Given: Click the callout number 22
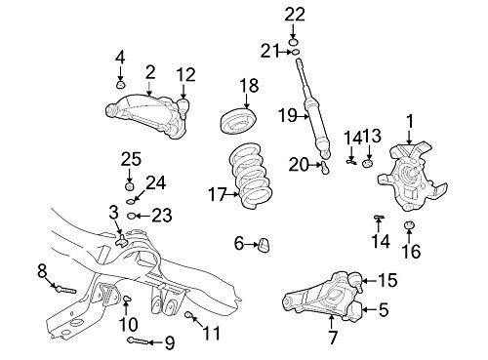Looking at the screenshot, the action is [295, 15].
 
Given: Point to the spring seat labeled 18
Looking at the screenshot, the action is [239, 121].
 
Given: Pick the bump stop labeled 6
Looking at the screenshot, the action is [264, 245].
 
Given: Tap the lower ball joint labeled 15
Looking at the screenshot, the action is [354, 281].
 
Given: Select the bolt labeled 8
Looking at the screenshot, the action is [65, 289].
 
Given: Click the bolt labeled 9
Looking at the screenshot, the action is [140, 340].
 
